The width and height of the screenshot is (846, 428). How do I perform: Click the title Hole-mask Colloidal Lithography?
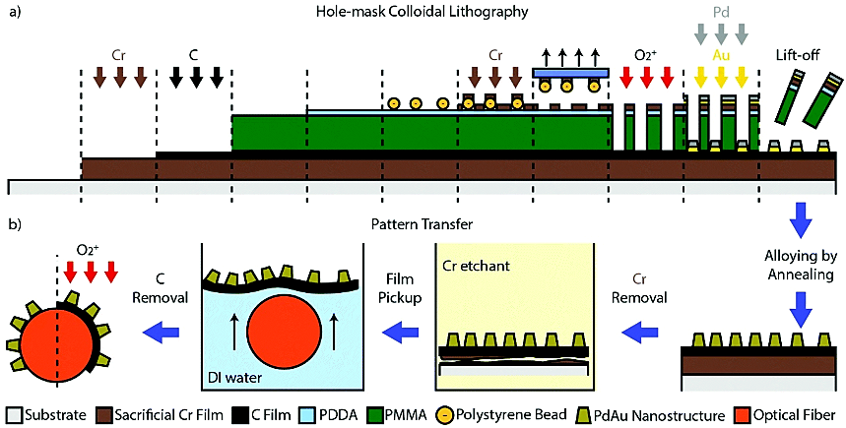click(x=418, y=11)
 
